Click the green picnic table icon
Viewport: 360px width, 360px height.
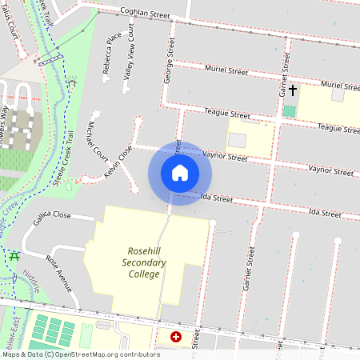pyautogui.click(x=14, y=257)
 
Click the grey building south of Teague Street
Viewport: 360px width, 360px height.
pyautogui.click(x=238, y=140)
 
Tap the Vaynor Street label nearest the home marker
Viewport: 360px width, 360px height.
pyautogui.click(x=225, y=156)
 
